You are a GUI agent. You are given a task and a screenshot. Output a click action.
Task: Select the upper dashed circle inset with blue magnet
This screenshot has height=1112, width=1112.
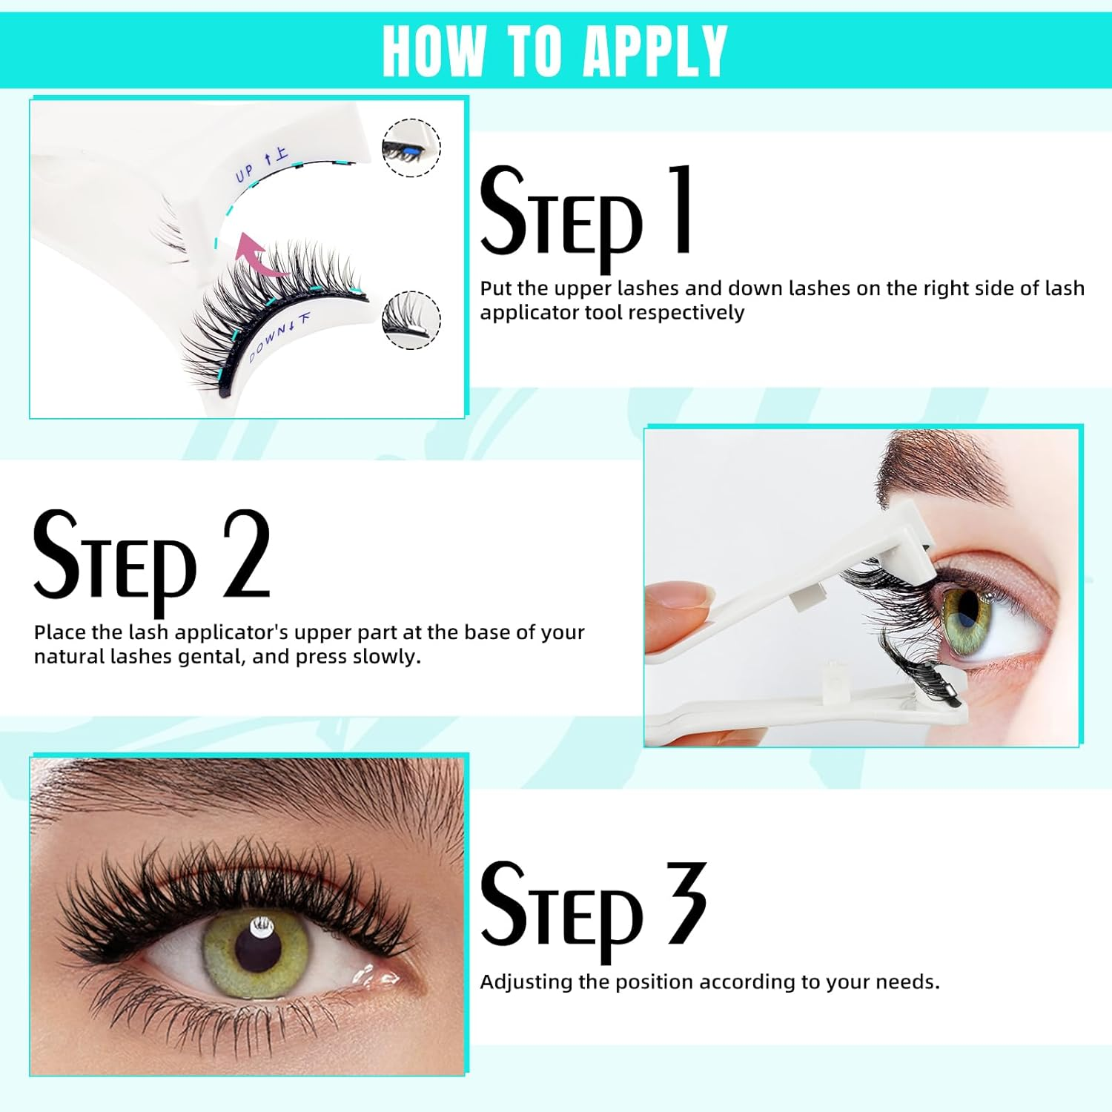point(411,148)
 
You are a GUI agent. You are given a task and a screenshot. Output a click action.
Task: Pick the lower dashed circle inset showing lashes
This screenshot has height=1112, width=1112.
point(411,320)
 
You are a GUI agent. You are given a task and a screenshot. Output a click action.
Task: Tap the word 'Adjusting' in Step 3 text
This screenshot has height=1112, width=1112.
point(526,982)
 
